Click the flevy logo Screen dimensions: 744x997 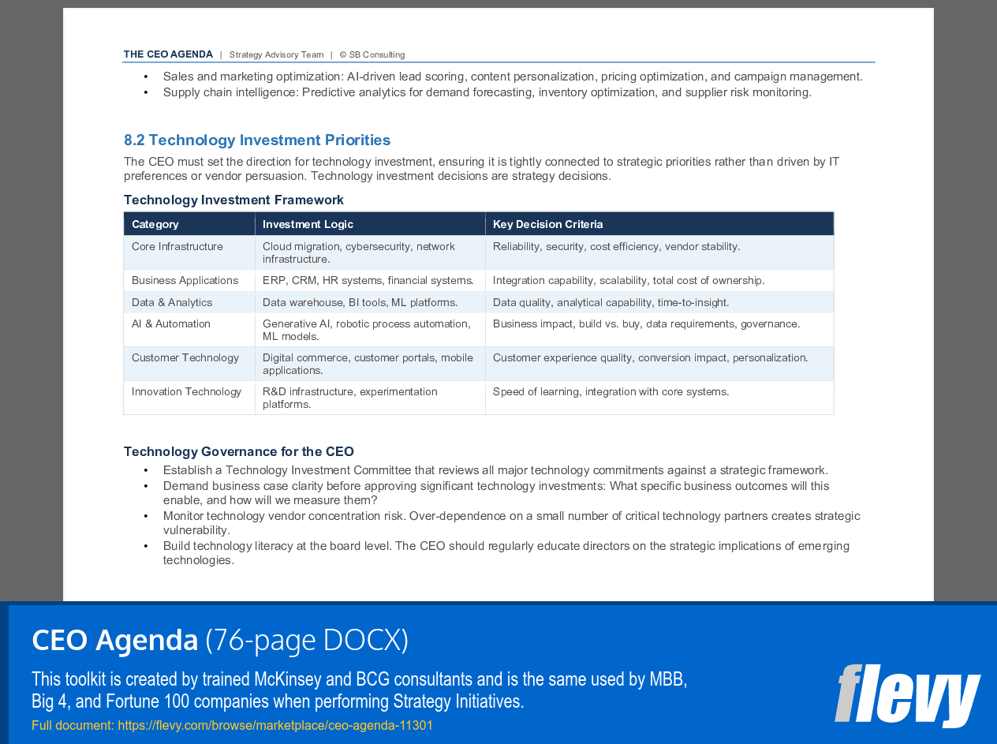(907, 696)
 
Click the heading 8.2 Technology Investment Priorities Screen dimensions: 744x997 (257, 140)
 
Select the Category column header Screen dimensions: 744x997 (155, 224)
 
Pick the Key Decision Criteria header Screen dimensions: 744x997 (547, 224)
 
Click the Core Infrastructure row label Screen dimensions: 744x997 (177, 247)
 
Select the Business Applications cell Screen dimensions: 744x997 (185, 281)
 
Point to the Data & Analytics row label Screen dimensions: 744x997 (172, 303)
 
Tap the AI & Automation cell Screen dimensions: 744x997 (171, 324)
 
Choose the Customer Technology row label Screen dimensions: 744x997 (185, 358)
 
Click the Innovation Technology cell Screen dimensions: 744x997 (186, 392)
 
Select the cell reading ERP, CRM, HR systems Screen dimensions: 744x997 (368, 281)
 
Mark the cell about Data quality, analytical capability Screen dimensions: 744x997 (611, 303)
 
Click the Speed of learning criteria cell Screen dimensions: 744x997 (611, 392)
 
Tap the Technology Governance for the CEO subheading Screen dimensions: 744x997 (238, 452)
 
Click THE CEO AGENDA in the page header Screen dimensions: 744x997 (168, 54)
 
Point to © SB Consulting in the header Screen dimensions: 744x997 (372, 55)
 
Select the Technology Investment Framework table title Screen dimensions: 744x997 (233, 200)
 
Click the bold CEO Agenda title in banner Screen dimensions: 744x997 (115, 640)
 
